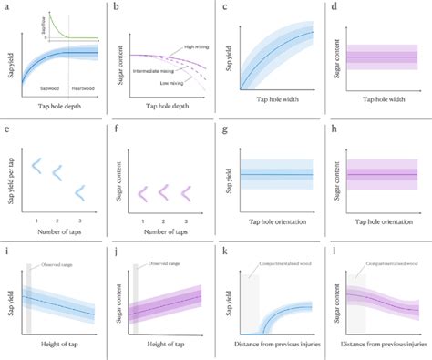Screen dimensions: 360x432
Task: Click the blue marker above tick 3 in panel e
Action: point(79,192)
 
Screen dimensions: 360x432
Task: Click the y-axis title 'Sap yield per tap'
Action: point(7,177)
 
